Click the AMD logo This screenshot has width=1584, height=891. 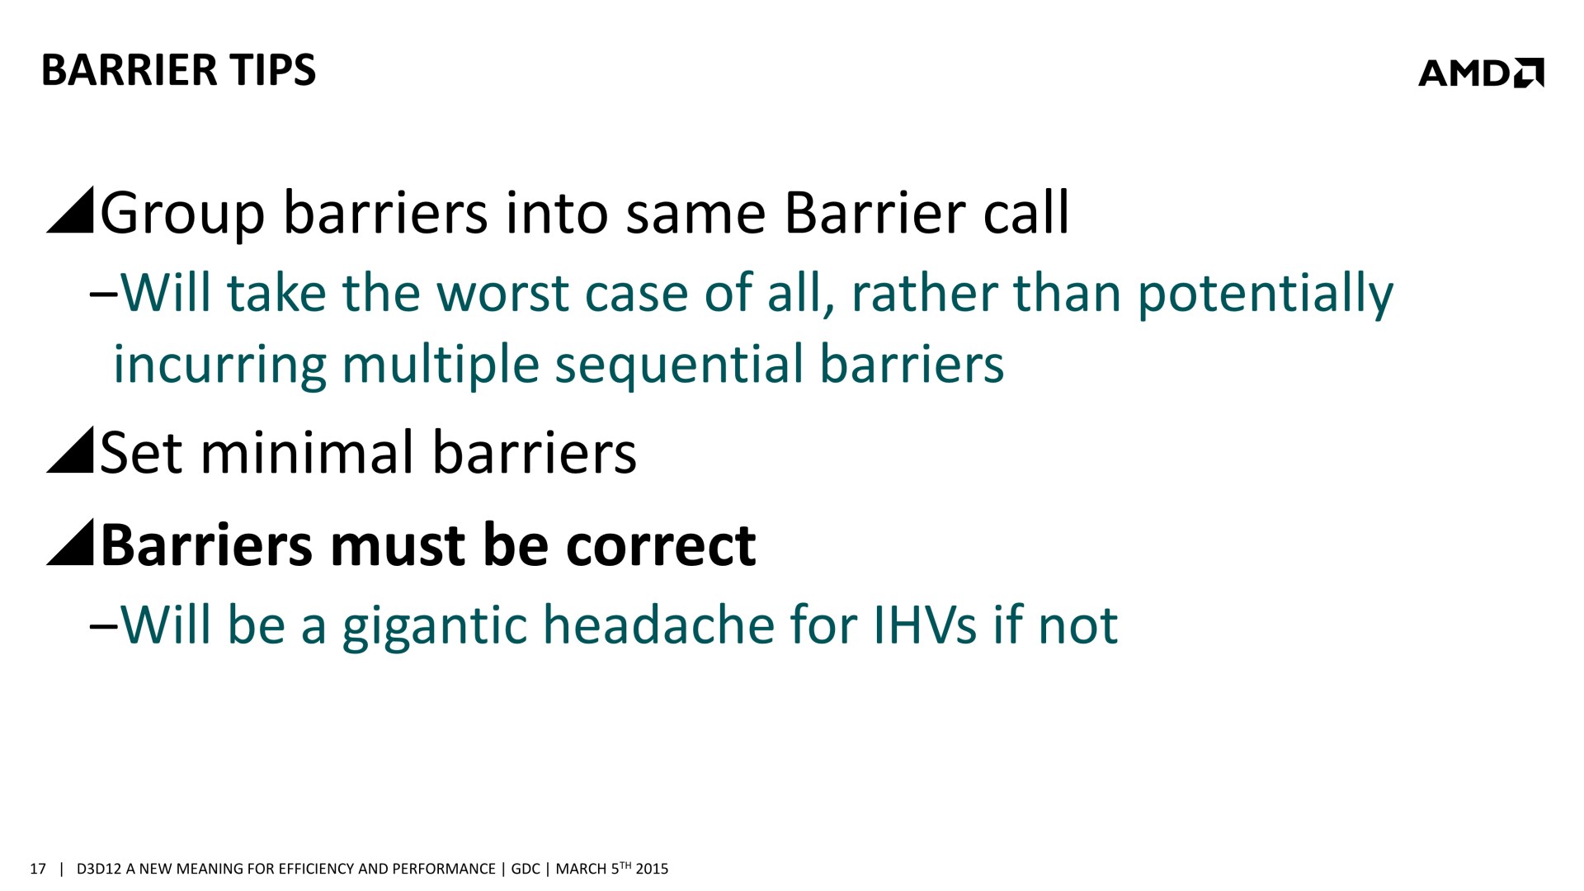tap(1481, 73)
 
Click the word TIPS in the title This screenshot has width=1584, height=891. tap(273, 69)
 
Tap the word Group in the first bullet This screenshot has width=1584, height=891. tap(182, 214)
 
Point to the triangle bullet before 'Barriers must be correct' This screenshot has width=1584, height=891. tap(70, 542)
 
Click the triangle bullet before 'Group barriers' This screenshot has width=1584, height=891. tap(70, 210)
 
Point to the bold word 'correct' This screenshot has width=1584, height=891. tap(661, 545)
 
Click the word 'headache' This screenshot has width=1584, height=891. tap(659, 625)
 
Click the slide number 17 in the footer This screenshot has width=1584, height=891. tap(37, 869)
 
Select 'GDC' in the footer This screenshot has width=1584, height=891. tap(526, 869)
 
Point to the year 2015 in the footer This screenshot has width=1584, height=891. tap(652, 869)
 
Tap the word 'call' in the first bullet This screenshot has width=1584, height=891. tap(1026, 212)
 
